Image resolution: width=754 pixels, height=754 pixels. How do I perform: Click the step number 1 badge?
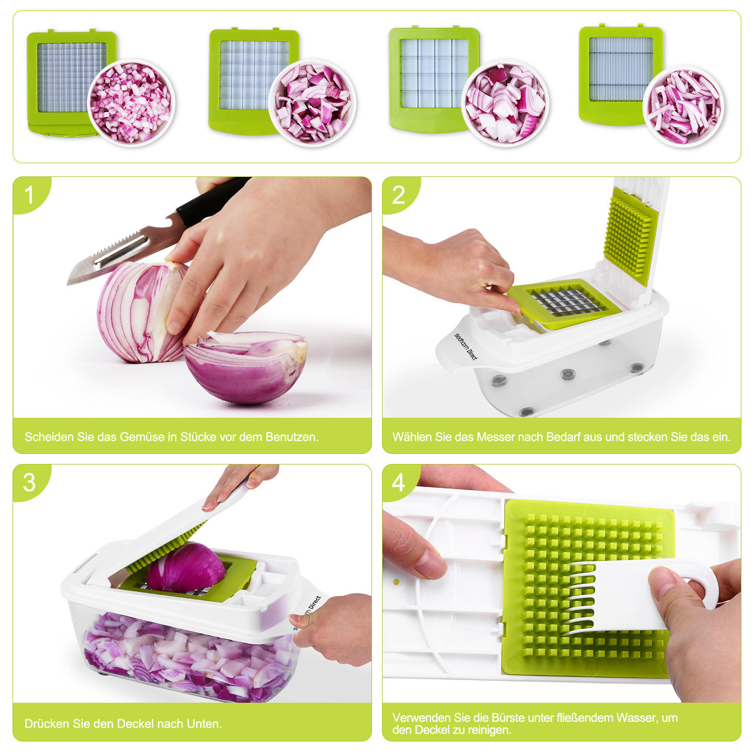[x=29, y=195]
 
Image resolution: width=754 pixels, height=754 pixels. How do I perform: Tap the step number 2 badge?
[x=399, y=195]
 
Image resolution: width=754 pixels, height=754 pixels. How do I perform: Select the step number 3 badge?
[x=29, y=483]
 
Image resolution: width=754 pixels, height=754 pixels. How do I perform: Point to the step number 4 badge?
[x=399, y=483]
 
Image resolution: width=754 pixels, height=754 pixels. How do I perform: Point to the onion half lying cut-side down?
[x=245, y=367]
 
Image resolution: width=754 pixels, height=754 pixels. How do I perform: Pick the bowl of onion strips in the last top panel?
[x=684, y=107]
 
